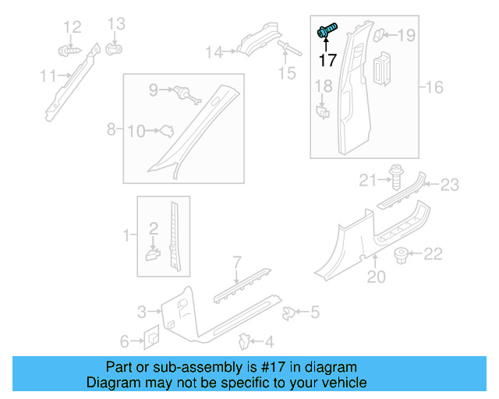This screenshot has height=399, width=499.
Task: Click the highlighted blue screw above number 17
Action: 325,31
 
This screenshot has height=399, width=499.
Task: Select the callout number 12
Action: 72,28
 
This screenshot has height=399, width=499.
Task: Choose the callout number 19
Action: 407,34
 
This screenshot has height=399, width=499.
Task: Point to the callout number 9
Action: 154,90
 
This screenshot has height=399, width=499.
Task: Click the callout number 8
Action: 111,128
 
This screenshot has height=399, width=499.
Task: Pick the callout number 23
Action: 450,185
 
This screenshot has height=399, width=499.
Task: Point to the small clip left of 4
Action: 244,341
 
